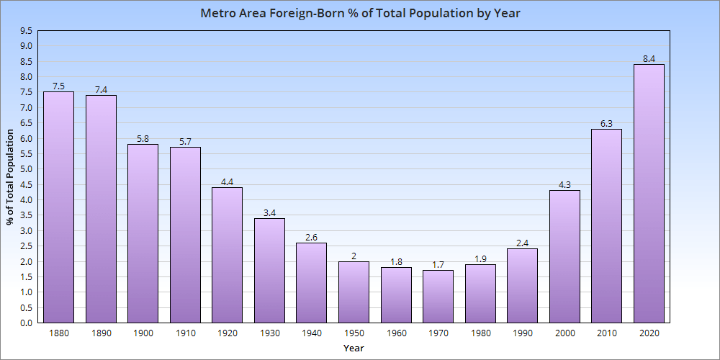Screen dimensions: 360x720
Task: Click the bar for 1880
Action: [x=58, y=207]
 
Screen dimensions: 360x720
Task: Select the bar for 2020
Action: [x=649, y=194]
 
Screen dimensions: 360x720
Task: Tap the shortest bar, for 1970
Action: [x=438, y=297]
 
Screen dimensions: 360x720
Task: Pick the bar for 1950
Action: [x=354, y=292]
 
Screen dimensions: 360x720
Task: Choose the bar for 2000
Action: [x=564, y=256]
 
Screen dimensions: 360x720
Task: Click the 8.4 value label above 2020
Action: [x=649, y=59]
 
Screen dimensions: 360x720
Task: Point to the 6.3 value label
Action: [x=606, y=124]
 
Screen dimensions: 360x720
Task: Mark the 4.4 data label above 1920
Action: [x=227, y=182]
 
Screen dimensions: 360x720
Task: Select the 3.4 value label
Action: [x=269, y=213]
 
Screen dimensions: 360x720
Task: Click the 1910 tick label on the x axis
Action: [x=185, y=334]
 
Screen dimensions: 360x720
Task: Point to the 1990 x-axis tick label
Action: [x=522, y=334]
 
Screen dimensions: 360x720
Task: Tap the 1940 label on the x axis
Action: [x=311, y=334]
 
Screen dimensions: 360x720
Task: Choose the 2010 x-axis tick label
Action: [x=606, y=334]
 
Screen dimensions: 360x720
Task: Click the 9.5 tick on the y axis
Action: [x=26, y=31]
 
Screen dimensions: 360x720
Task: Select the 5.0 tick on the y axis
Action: [x=26, y=169]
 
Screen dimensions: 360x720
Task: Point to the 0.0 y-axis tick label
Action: [x=26, y=323]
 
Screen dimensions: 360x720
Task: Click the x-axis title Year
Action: [x=354, y=348]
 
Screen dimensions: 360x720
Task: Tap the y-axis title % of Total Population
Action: [x=10, y=177]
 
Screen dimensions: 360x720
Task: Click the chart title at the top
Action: [x=360, y=14]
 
